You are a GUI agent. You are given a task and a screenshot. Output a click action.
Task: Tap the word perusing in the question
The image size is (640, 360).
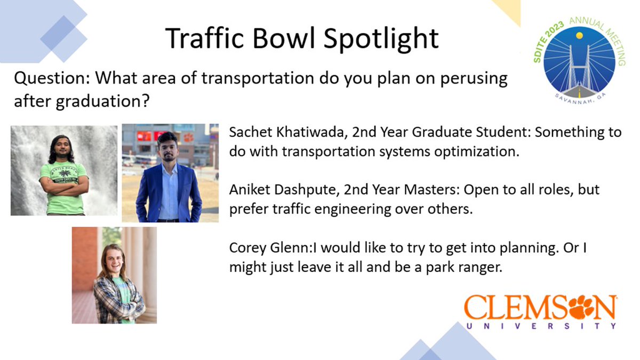474,79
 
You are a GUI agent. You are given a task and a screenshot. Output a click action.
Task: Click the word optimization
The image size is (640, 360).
477,152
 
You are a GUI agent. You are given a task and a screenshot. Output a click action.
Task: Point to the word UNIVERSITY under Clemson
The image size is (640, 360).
541,326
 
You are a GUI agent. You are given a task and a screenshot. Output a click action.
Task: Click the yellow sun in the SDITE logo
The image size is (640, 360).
579,35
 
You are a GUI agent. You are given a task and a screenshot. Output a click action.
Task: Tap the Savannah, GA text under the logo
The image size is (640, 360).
580,99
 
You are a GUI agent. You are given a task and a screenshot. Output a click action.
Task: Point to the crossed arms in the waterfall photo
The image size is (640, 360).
63,188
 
